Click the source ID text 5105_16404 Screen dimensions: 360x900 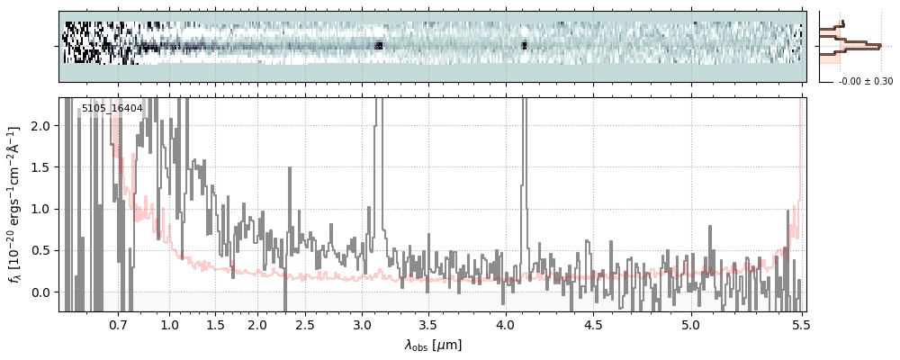[x=112, y=109]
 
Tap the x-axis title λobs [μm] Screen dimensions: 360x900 [x=432, y=344]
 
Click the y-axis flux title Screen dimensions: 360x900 [x=15, y=204]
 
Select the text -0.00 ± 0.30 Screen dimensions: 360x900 [x=865, y=82]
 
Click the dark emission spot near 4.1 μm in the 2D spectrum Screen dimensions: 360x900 [x=524, y=43]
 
